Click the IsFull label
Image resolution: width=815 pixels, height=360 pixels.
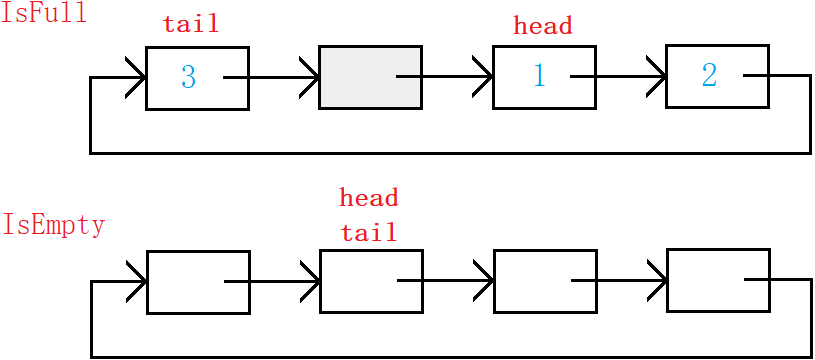coord(43,13)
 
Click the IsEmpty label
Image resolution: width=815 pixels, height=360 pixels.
coord(54,226)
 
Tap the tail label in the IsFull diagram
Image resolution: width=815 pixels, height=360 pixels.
coord(191,23)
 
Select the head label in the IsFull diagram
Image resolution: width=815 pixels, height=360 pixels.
coord(543,25)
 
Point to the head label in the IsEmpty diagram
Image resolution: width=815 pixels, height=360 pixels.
coord(369,197)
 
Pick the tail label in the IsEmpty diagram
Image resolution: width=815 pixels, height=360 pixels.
coord(369,232)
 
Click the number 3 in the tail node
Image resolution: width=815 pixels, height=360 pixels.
coord(188,77)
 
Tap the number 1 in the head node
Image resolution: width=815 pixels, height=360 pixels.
coord(540,76)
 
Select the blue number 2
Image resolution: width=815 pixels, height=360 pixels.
coord(709,75)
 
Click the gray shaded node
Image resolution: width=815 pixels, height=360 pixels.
coord(370,77)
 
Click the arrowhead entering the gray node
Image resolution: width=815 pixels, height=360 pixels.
coord(310,77)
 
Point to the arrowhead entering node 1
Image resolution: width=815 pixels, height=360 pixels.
coord(484,77)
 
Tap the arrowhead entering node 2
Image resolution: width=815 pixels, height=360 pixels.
coord(657,76)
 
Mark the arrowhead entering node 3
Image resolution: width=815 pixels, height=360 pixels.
coord(137,78)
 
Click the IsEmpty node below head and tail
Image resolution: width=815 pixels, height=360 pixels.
coord(371,281)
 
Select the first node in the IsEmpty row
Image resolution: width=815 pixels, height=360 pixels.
coord(199,282)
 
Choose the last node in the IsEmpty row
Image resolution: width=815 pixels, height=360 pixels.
coord(718,280)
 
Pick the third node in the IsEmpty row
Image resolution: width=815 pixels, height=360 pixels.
coord(545,281)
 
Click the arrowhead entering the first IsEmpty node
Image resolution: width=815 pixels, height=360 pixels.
coord(138,282)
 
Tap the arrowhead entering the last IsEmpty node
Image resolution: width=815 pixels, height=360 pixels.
coord(658,281)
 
